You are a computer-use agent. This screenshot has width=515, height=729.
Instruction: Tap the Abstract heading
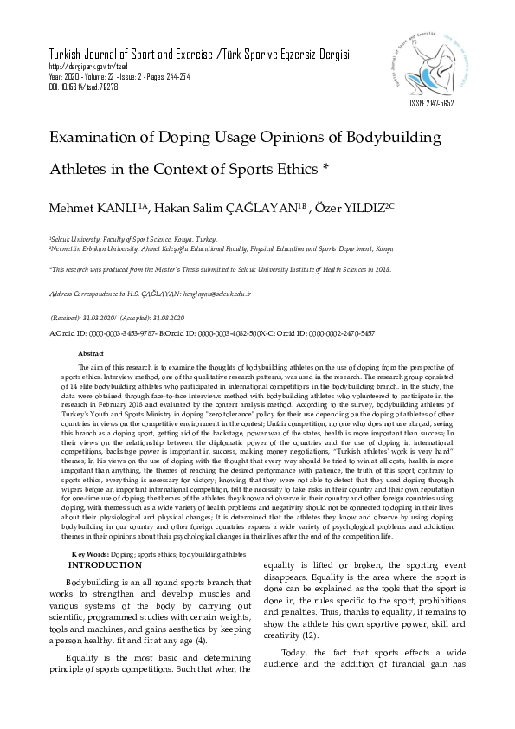coord(91,354)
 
